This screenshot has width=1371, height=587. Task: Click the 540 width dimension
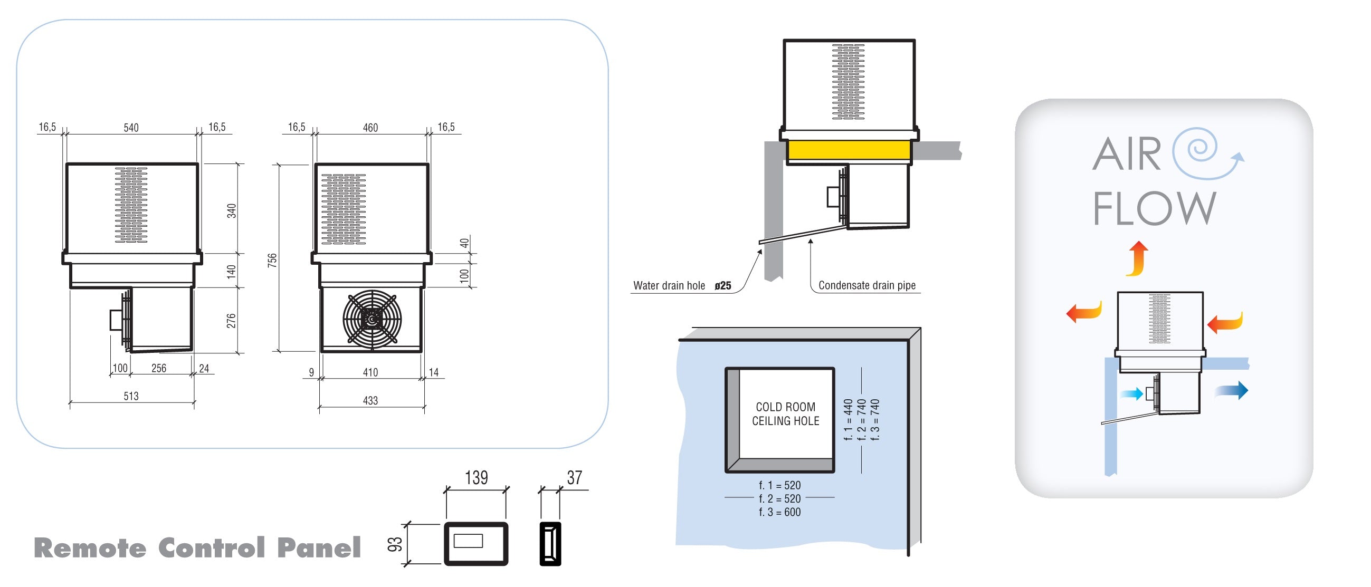[x=131, y=128]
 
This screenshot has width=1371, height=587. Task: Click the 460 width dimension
[x=370, y=128]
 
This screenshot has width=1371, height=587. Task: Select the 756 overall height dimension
[x=272, y=260]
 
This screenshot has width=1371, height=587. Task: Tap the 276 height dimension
[x=231, y=321]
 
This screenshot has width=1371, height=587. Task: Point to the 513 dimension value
[x=131, y=396]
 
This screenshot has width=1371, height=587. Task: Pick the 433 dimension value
[x=370, y=400]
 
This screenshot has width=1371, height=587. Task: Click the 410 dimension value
[x=370, y=372]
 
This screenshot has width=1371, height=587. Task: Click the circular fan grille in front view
[x=372, y=320]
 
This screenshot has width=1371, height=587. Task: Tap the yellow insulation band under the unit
[x=849, y=150]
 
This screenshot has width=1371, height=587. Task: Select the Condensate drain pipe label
[x=867, y=285]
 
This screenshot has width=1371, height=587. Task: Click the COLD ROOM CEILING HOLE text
[x=785, y=413]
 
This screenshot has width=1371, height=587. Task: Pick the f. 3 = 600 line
[x=779, y=512]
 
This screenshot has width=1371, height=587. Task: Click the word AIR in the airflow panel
[x=1126, y=154]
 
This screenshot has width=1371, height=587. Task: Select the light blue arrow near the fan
[x=1131, y=394]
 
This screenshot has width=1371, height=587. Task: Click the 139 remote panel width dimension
[x=476, y=477]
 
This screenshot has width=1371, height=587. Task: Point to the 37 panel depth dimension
[x=574, y=477]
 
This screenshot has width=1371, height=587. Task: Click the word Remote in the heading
[x=90, y=548]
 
